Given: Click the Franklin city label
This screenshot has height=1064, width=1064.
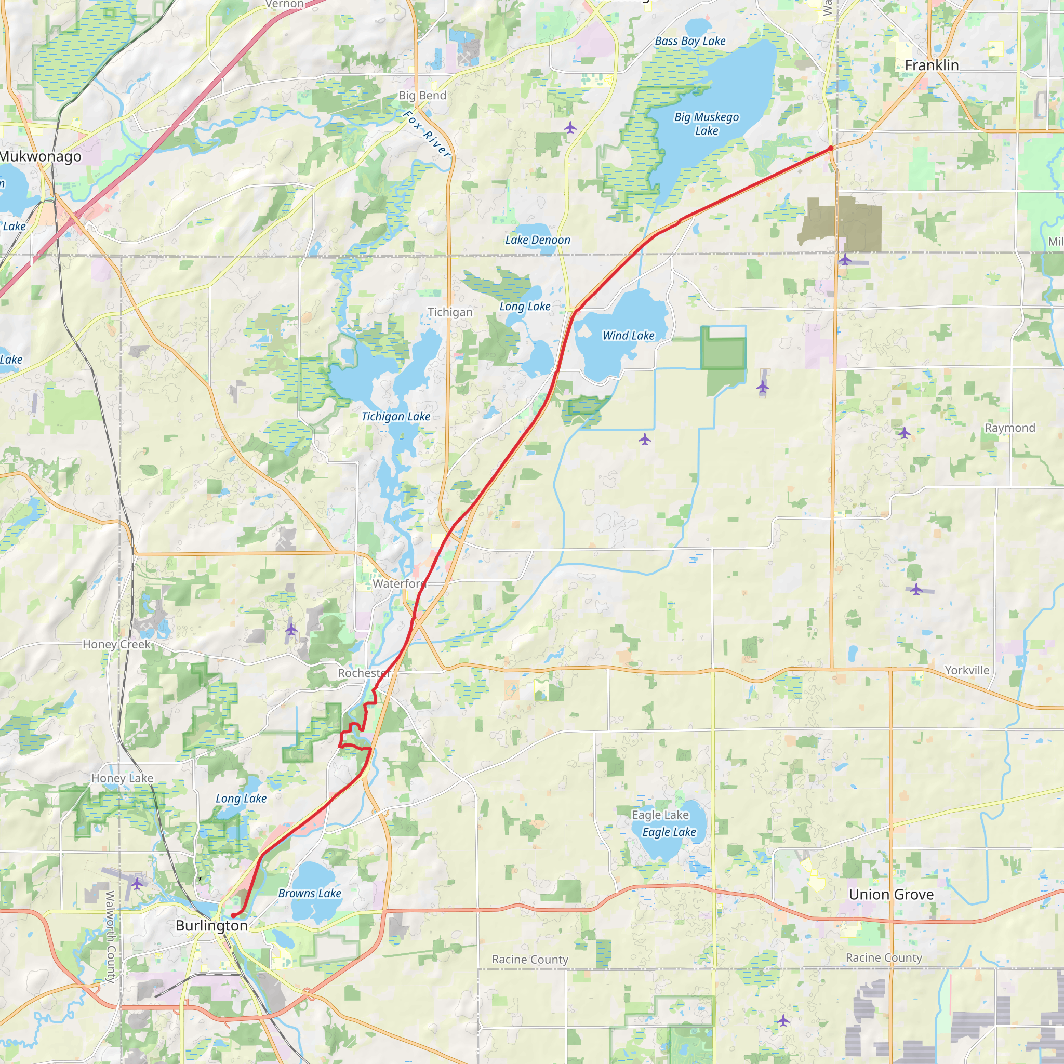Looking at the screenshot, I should click(932, 65).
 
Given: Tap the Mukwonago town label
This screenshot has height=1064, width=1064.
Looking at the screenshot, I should click(40, 156).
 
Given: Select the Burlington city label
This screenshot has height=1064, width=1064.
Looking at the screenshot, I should click(211, 926).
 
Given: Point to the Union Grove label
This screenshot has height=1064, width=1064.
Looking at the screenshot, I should click(891, 895).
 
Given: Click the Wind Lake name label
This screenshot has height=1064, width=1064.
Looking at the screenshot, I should click(629, 336).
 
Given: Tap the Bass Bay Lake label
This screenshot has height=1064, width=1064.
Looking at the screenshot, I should click(690, 42).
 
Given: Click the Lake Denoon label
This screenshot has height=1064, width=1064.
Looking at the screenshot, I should click(538, 240).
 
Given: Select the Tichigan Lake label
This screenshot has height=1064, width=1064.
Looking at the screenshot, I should click(395, 417).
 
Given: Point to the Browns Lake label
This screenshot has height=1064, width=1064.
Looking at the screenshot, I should click(310, 893).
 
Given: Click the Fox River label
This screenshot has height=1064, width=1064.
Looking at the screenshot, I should click(427, 135).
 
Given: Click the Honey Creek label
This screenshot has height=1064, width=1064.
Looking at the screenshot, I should click(116, 644).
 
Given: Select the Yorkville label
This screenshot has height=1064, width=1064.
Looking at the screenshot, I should click(967, 670).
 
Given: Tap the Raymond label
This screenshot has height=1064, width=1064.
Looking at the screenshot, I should click(1010, 428).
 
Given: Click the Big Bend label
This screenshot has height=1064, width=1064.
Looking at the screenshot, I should click(422, 95).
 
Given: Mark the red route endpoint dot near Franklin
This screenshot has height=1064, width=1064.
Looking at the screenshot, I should click(831, 148).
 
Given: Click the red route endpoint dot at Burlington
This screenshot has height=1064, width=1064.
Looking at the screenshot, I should click(233, 915).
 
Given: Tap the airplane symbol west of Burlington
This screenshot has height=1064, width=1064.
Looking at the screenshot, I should click(137, 884).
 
